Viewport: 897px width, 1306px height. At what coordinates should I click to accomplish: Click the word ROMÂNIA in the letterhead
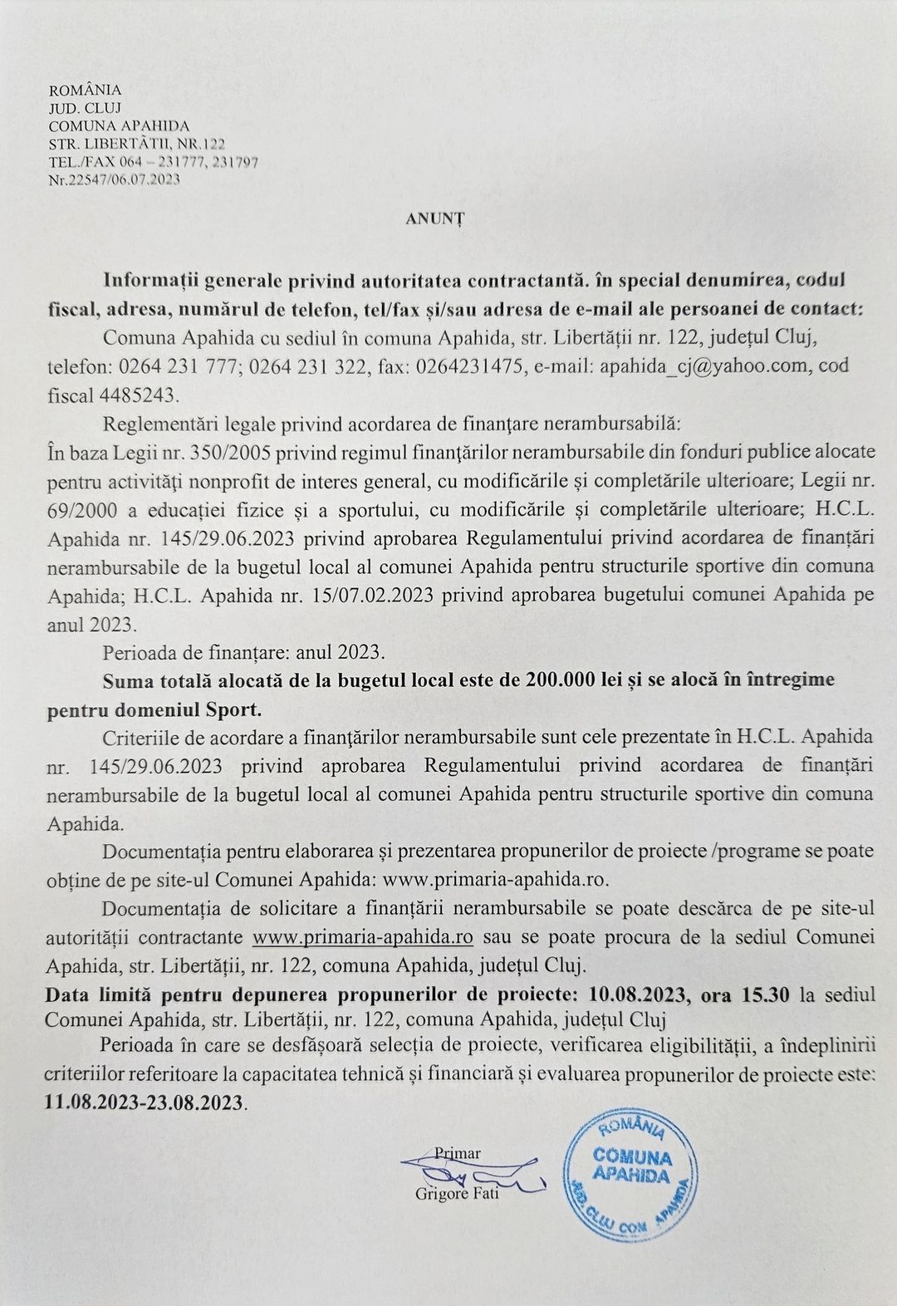coord(86,90)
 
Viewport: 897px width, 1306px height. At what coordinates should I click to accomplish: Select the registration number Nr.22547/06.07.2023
coord(115,179)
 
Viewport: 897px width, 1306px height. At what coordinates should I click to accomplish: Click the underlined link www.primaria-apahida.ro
coord(363,937)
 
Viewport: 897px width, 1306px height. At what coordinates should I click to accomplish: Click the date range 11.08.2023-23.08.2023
coord(145,1102)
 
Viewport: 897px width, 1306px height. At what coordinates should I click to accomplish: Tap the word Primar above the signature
coord(458,1152)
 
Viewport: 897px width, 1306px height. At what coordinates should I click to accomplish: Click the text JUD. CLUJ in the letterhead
coord(86,108)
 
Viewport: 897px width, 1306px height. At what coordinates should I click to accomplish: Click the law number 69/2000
coord(79,509)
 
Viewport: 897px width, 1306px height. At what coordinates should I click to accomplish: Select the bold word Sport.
coord(235,710)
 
